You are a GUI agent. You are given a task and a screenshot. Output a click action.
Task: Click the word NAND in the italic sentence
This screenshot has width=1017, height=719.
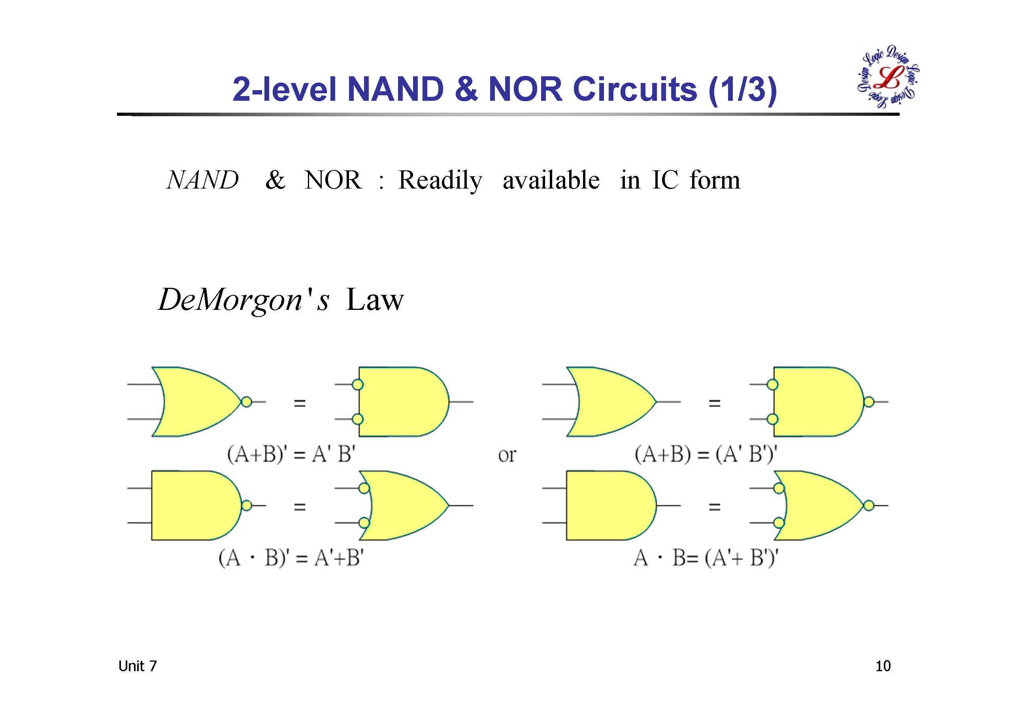tap(202, 180)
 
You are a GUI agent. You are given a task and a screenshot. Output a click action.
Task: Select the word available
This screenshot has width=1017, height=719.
tap(551, 180)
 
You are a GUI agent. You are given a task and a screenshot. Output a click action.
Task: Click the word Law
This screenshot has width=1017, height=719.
tap(374, 300)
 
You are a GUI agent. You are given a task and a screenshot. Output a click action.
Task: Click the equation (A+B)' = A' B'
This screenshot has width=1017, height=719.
tap(291, 454)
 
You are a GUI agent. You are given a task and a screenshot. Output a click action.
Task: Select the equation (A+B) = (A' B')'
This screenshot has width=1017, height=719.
tap(706, 454)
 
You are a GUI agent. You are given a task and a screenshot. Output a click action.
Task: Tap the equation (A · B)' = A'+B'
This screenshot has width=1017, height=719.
tap(291, 558)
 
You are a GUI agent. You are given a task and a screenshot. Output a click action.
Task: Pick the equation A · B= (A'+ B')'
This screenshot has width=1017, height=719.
tap(706, 558)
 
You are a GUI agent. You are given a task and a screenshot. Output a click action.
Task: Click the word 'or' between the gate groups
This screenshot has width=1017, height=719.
tap(507, 455)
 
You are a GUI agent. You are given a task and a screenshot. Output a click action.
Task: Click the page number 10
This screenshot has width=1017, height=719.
tap(883, 666)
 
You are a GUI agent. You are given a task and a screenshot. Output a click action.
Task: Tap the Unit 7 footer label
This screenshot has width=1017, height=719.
tap(137, 666)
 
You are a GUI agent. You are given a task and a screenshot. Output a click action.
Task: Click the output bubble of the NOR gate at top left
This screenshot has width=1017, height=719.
tap(247, 402)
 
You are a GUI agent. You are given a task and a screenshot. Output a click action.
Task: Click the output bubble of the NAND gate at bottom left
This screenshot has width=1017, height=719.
tap(247, 506)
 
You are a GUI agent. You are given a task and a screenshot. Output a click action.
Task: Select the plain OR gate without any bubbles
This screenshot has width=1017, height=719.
tap(611, 402)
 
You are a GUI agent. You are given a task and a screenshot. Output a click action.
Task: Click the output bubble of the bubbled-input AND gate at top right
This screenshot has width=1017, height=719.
tap(869, 402)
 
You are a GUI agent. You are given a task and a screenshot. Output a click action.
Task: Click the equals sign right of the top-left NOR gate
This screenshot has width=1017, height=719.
tap(300, 403)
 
